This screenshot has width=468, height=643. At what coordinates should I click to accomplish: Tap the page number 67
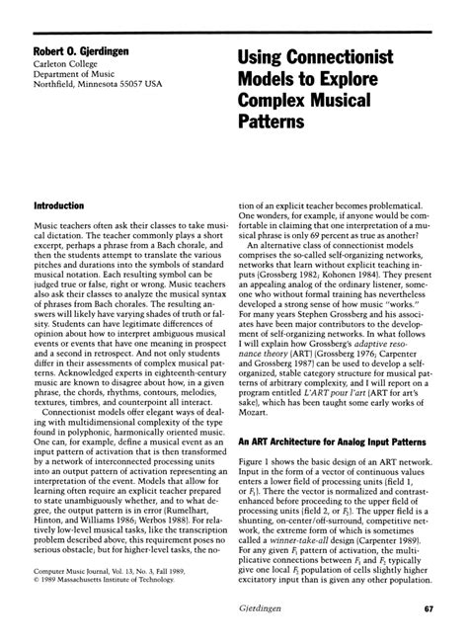(429, 610)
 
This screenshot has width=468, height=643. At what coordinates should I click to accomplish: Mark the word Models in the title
(273, 77)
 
